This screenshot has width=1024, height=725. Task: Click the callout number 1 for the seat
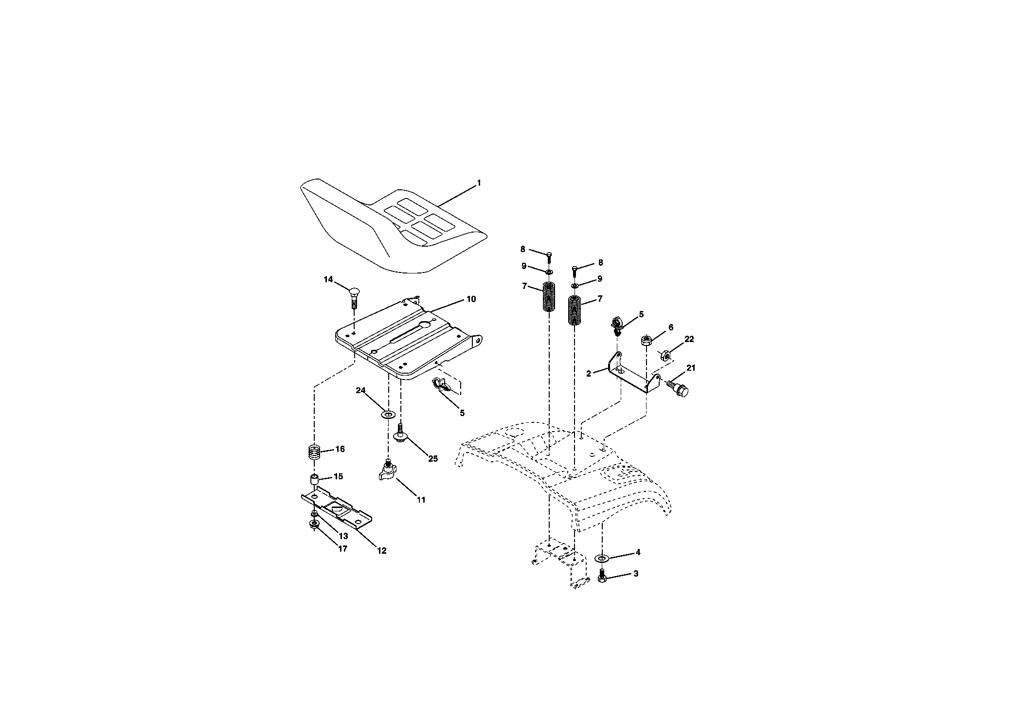[x=479, y=183]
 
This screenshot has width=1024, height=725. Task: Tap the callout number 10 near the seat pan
[x=471, y=299]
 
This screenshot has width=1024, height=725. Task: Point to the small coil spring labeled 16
[x=314, y=453]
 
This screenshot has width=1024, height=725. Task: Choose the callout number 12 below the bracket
[x=381, y=551]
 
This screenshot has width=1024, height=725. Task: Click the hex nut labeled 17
[x=314, y=524]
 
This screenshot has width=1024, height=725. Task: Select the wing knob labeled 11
[x=388, y=471]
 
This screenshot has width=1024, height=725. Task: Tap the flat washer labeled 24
[x=388, y=414]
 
